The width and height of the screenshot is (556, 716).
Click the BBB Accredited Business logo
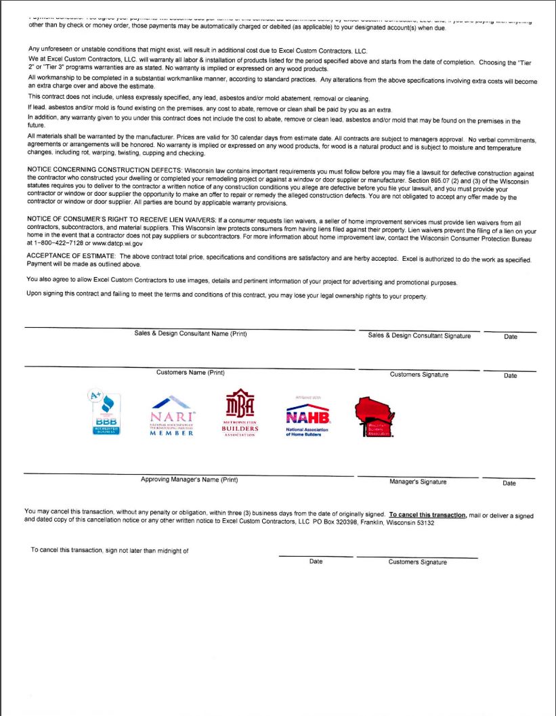point(106,414)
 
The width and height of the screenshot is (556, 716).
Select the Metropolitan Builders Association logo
point(240,414)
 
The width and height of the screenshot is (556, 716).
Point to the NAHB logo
point(307,418)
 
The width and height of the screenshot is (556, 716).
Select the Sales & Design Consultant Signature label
point(419,335)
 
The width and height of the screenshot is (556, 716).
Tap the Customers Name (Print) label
point(190,373)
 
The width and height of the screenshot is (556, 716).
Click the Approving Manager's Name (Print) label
point(189,480)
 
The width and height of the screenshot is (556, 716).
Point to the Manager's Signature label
point(418,482)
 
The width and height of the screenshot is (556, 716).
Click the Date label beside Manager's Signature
point(509,483)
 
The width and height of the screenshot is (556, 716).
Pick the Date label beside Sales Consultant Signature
point(511,337)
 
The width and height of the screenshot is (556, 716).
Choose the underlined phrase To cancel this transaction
point(427,515)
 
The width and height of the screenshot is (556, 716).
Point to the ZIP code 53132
point(424,523)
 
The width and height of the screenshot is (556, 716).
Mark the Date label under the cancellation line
point(316,562)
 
